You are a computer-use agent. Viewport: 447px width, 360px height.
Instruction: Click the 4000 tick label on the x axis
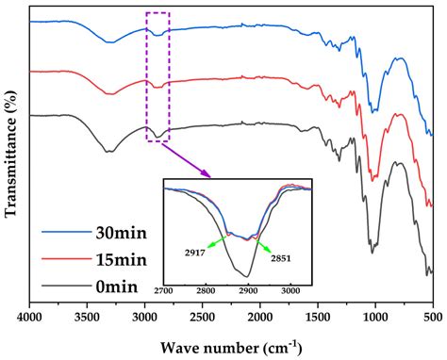pos(30,316)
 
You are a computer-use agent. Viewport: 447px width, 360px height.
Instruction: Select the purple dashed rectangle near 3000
pos(157,76)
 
